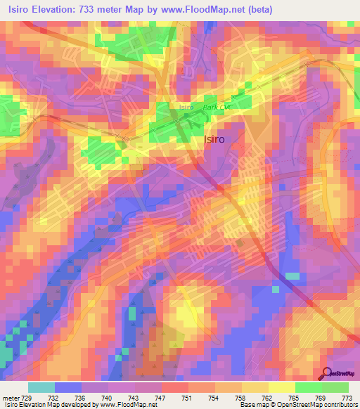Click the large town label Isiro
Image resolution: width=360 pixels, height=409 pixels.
point(214,139)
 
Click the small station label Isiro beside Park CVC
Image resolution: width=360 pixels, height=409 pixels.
point(186,107)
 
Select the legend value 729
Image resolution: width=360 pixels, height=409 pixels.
point(30,397)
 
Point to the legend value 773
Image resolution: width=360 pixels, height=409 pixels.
point(347,397)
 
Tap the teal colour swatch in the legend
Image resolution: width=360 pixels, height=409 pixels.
point(41,387)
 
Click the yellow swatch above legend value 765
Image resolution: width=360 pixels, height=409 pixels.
point(282,387)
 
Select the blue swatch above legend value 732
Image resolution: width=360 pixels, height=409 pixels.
point(68,387)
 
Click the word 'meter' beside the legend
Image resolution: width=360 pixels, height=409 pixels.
point(12,397)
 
